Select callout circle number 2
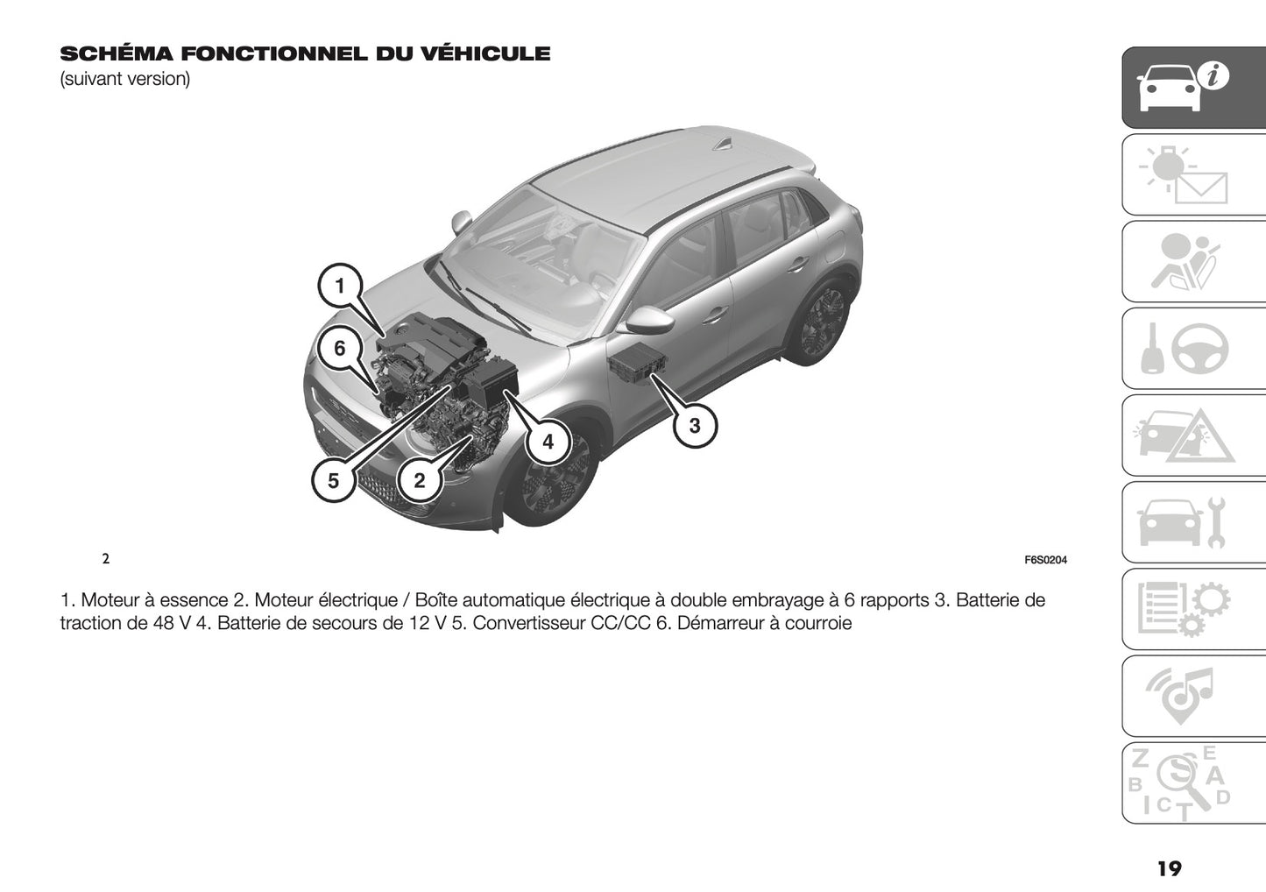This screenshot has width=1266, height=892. coord(419,480)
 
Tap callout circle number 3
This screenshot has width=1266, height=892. coord(695,427)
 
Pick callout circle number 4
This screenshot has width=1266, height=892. coord(548,442)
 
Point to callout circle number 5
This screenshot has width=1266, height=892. coord(333,480)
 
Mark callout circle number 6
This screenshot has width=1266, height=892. coord(340,349)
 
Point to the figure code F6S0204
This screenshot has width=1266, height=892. coord(1045,561)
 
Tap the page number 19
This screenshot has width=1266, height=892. coord(1169,869)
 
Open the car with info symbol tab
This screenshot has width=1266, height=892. coord(1193,87)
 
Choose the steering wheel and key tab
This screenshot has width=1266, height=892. coord(1193,349)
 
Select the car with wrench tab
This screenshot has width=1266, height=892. coord(1193,523)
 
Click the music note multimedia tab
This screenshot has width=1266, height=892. coord(1193,697)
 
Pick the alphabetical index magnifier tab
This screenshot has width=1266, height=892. coord(1193,783)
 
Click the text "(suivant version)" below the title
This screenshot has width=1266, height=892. coord(124,79)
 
